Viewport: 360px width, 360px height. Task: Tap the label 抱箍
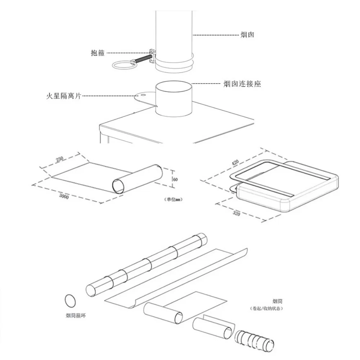(98, 53)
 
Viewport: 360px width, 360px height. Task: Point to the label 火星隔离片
(64, 96)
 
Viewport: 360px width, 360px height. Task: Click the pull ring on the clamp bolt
(123, 65)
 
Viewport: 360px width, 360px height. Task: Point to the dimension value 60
(176, 179)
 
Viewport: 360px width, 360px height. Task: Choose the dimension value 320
(236, 213)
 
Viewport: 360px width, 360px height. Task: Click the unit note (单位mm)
(173, 199)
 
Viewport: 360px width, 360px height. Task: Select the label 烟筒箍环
(76, 316)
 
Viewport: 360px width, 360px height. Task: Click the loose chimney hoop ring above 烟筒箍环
(71, 300)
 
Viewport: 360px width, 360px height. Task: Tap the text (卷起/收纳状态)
(267, 309)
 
